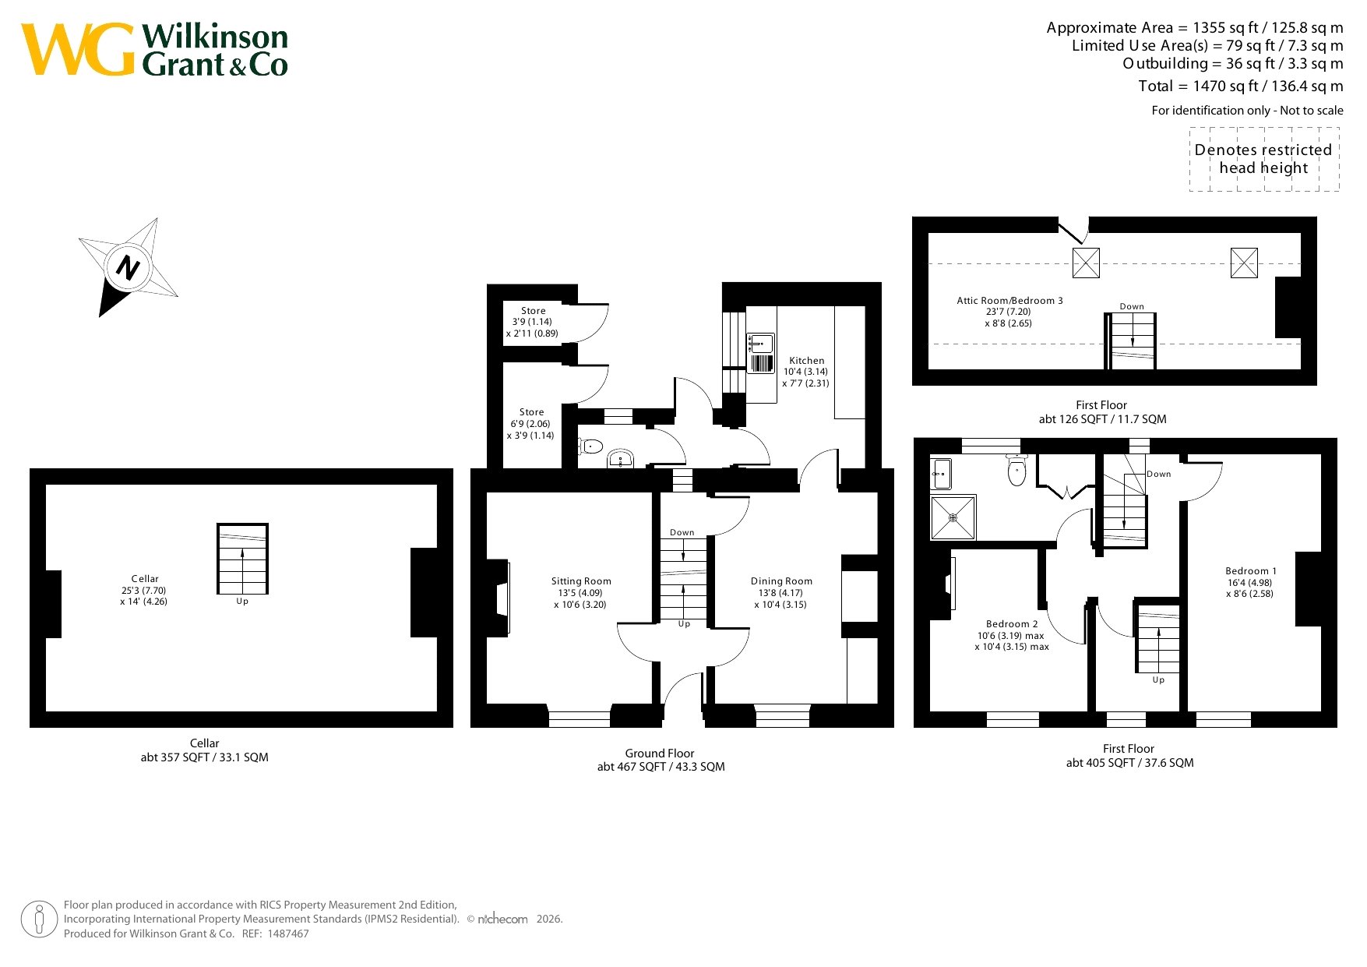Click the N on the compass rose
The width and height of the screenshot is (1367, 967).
128,268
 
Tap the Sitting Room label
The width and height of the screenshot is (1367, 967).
581,581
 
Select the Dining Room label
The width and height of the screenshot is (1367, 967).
781,581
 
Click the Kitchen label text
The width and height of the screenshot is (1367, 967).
806,361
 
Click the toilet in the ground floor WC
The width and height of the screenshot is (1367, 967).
590,446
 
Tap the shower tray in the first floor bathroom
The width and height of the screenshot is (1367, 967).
953,517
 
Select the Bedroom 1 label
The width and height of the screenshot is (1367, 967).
1251,571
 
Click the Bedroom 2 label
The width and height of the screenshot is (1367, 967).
1012,624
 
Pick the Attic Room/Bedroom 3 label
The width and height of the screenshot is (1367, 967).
1009,301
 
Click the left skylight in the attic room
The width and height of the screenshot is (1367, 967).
1086,263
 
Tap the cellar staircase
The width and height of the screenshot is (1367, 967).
242,559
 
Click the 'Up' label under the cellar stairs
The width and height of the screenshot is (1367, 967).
242,602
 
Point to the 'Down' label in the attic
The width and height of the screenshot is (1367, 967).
1132,306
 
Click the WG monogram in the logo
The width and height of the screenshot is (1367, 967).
79,49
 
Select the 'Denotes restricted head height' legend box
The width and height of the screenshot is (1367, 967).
1264,159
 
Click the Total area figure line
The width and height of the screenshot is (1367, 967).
1240,86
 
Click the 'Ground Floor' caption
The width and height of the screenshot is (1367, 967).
659,753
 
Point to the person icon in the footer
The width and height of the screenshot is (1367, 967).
39,919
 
